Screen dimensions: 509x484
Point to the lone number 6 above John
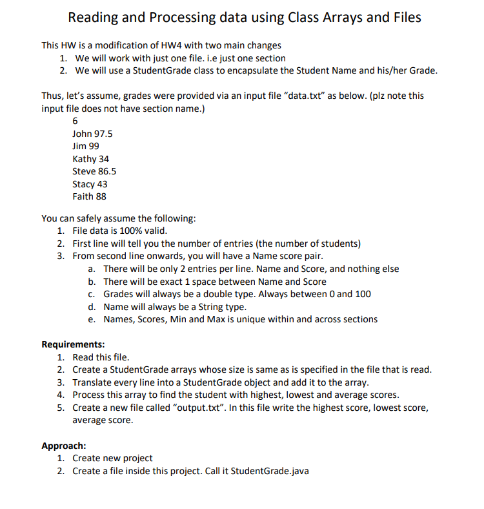coord(76,121)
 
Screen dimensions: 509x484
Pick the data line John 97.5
coord(92,134)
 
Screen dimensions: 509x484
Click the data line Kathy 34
coord(91,159)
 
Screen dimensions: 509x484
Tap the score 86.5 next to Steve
coord(107,172)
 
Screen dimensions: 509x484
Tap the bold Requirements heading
coord(73,344)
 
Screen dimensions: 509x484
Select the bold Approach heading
coord(63,446)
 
